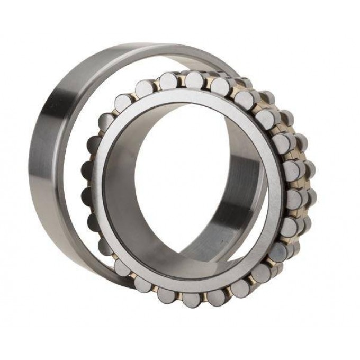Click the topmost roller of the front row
(x=194, y=79)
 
